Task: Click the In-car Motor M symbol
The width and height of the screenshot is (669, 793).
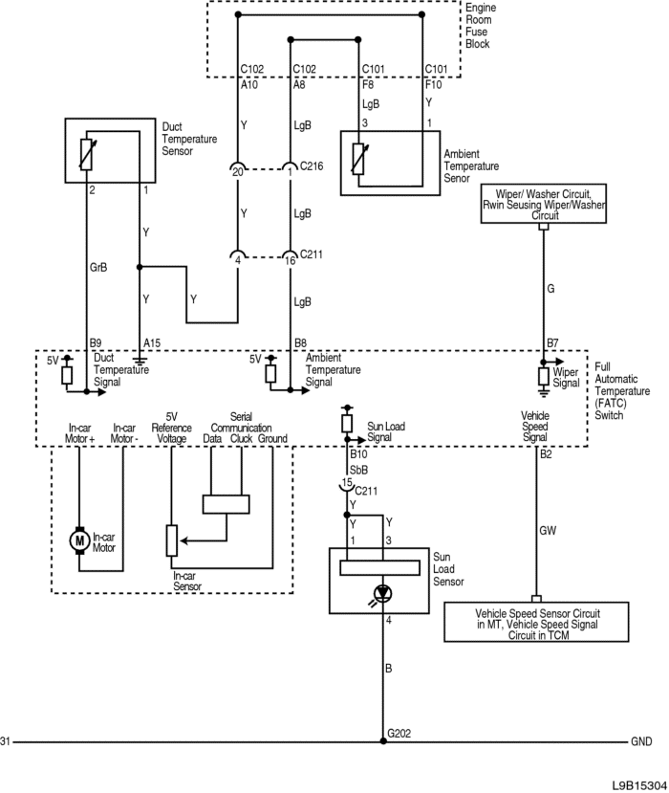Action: (79, 540)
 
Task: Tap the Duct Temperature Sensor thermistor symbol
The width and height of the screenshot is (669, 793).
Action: (87, 154)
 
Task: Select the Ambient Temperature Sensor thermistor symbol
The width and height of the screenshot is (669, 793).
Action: (358, 159)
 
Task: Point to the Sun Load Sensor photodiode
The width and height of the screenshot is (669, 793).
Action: (382, 593)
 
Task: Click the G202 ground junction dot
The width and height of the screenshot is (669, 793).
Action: (383, 741)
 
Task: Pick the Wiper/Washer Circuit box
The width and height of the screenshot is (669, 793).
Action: (543, 204)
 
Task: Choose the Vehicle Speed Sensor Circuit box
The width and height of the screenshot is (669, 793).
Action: (536, 622)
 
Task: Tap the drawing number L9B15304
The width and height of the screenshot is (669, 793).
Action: (639, 785)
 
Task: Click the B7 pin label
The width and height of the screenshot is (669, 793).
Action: (552, 342)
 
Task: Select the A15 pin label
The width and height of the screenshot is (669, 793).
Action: (152, 342)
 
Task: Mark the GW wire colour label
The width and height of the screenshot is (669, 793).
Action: (548, 531)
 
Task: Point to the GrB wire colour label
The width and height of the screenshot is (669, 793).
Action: (98, 267)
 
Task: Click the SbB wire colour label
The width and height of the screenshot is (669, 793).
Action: (358, 470)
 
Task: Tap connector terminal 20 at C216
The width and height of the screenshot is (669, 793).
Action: (237, 171)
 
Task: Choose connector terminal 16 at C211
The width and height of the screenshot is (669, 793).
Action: (290, 259)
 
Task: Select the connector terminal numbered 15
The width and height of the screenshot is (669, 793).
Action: (346, 484)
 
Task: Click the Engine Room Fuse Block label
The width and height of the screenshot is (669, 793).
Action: (481, 26)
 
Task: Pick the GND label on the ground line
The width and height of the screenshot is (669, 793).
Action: (641, 741)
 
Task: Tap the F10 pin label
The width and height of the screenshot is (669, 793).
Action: (433, 84)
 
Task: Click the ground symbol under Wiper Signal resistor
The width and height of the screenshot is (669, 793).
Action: (543, 390)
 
